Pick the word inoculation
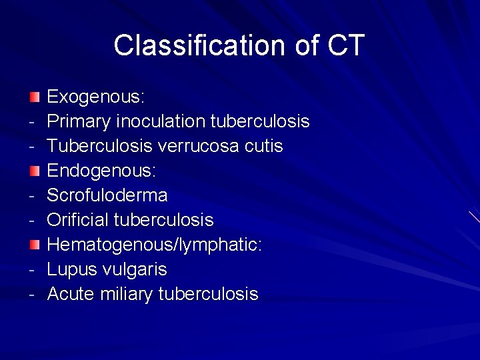(161, 122)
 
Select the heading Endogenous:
(101, 171)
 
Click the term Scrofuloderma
(107, 196)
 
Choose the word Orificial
(78, 220)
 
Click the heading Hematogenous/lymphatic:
(154, 245)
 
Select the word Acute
(71, 294)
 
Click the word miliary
(126, 294)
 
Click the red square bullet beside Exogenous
(35, 97)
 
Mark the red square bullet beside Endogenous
(35, 171)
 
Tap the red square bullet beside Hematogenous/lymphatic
(35, 245)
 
